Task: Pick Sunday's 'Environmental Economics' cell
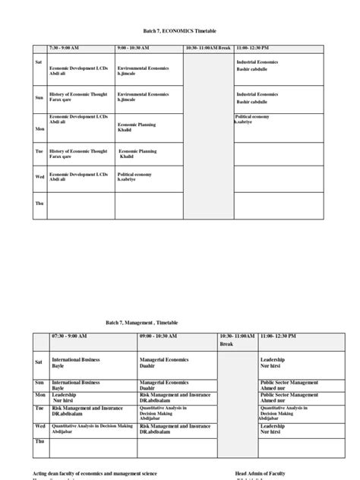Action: (x=143, y=97)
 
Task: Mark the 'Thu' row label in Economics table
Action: (x=39, y=204)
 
